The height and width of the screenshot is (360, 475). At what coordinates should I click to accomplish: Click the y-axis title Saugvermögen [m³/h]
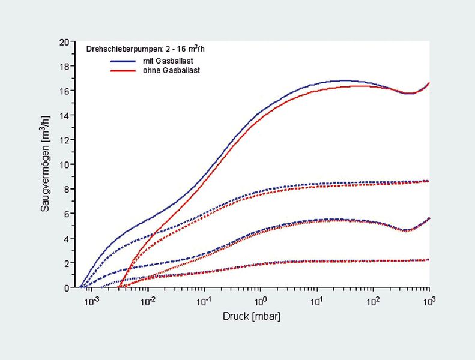point(46,164)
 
